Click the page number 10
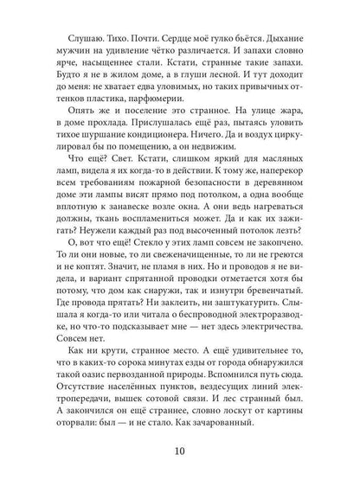(180, 450)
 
